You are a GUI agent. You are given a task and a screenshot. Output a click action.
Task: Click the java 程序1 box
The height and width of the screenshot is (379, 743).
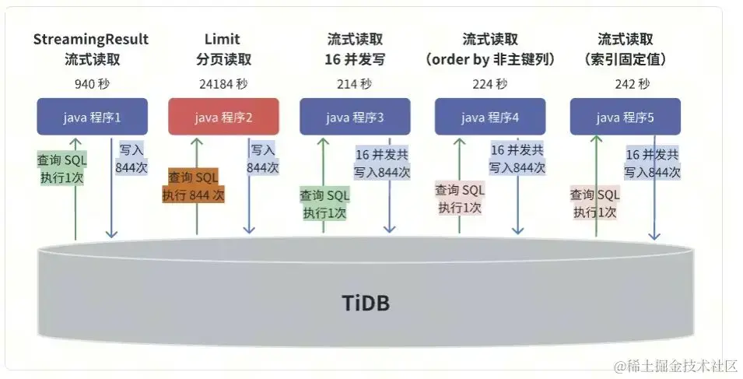92,118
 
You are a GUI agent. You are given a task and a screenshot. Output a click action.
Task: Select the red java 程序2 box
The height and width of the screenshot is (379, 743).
224,118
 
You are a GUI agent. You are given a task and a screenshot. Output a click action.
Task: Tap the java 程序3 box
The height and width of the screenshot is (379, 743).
355,118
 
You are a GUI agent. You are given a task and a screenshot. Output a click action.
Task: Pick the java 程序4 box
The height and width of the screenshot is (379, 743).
490,118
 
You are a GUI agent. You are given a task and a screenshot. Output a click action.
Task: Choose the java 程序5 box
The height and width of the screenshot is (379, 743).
626,118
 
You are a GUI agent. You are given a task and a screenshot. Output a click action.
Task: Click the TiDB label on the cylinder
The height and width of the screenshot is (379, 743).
366,302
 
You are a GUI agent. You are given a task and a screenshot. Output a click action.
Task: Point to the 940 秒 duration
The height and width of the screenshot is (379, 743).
91,84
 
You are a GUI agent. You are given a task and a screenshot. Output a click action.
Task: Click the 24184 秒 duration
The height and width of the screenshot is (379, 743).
223,84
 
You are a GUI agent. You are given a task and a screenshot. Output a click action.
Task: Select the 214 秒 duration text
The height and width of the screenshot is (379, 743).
355,84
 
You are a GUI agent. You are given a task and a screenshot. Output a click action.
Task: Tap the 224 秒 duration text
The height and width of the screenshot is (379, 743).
490,84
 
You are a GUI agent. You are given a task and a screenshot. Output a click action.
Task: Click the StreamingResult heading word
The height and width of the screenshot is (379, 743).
91,39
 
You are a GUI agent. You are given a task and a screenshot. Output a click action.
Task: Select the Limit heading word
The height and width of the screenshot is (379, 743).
223,39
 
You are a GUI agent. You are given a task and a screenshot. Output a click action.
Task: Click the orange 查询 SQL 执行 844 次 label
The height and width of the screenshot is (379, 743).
193,187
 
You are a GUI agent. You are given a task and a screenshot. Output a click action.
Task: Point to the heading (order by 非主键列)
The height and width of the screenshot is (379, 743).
490,59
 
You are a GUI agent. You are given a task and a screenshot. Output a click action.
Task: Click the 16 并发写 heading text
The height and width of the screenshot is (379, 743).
355,59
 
